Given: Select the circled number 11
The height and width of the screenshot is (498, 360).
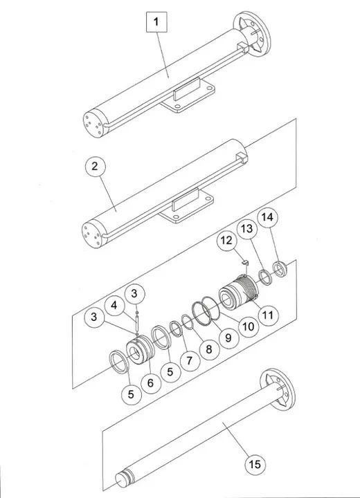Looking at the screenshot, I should (x=267, y=313).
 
